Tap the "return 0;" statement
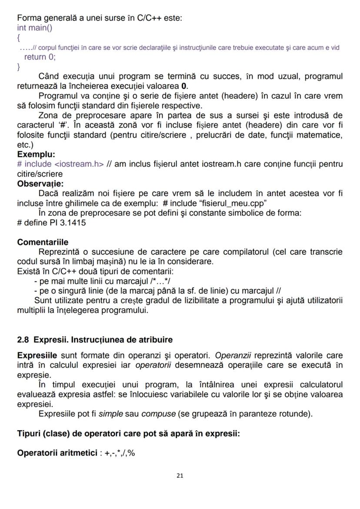pos(40,57)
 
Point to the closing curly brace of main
pos(19,67)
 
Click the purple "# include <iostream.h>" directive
pos(60,164)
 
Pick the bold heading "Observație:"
pos(40,183)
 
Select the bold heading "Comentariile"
pos(43,242)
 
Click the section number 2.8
pos(23,339)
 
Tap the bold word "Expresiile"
pos(37,355)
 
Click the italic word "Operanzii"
pos(234,355)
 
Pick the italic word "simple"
pos(110,413)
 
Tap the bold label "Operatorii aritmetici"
pos(57,453)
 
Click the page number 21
pos(180,476)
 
